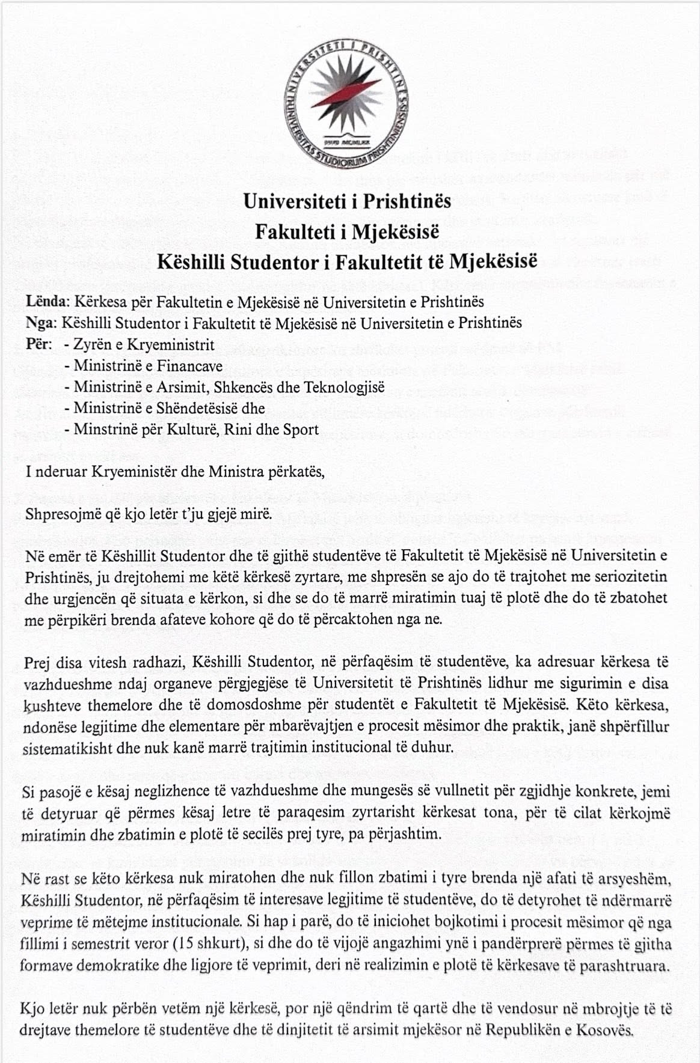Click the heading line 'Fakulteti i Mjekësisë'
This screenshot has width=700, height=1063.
347,231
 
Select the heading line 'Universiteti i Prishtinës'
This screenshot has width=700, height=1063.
347,201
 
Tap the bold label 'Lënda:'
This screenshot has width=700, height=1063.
48,301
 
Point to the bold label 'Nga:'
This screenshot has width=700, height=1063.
41,323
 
